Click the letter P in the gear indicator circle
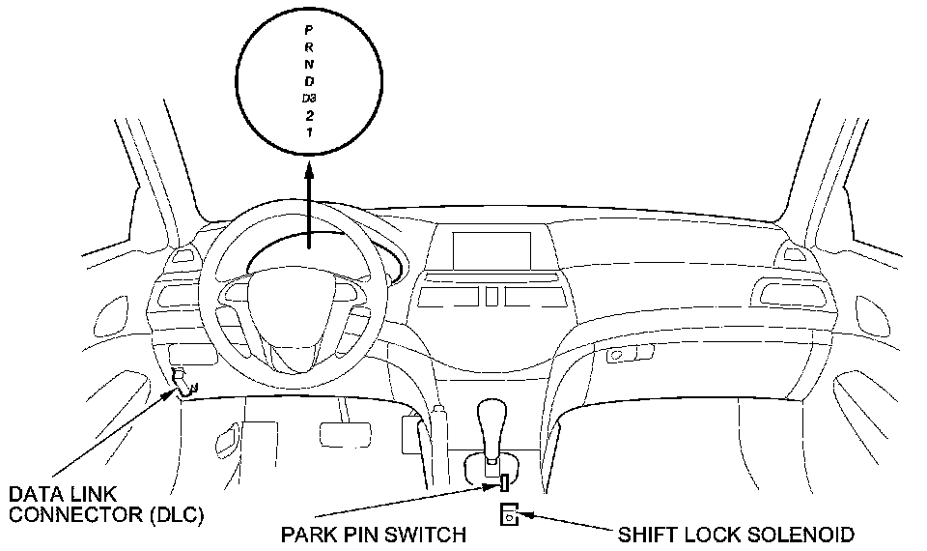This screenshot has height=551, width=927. tap(307, 29)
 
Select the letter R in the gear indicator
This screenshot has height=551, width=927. tap(307, 46)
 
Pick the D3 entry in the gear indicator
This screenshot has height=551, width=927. tap(308, 97)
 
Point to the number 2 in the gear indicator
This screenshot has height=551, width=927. tap(308, 114)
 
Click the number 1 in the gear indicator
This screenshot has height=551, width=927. tap(308, 130)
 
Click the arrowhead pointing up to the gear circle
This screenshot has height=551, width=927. tap(308, 173)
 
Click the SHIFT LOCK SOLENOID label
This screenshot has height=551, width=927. tap(735, 534)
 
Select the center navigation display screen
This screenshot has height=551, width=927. tap(493, 249)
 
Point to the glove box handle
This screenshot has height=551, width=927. tap(616, 356)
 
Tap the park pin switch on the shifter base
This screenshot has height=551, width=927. tap(503, 480)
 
